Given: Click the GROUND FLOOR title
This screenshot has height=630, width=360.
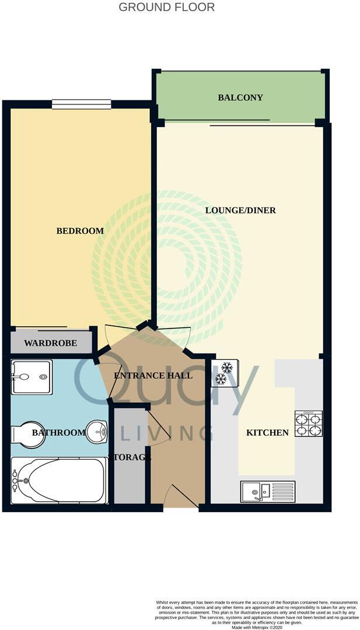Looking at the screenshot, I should (x=166, y=8).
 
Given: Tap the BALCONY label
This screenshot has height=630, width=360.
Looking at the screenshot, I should (x=240, y=97).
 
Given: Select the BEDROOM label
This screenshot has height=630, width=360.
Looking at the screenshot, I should (x=80, y=231).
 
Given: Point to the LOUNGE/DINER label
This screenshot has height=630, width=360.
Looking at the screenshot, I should (x=240, y=210).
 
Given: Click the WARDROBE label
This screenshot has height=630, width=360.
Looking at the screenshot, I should (x=51, y=343).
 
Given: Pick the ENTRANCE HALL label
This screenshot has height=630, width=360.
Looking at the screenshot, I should (x=153, y=375).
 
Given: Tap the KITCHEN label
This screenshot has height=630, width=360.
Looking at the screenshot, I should (x=267, y=432).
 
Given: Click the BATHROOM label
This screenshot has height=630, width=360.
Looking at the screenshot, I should (x=59, y=432).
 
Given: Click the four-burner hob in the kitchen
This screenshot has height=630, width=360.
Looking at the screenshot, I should (x=308, y=424).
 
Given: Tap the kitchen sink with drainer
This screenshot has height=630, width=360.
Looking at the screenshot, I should (x=267, y=492).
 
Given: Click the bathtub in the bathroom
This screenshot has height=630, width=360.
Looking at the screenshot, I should (x=58, y=480).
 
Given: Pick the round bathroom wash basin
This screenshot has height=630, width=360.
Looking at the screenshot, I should (x=97, y=432).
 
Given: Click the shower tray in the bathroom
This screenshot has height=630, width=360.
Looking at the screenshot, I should (x=32, y=377).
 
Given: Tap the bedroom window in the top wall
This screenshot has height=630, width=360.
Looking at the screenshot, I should (x=81, y=104).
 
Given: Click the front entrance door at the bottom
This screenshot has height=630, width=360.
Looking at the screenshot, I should (x=181, y=497).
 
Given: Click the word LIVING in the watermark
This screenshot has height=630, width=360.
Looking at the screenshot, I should (x=166, y=433).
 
